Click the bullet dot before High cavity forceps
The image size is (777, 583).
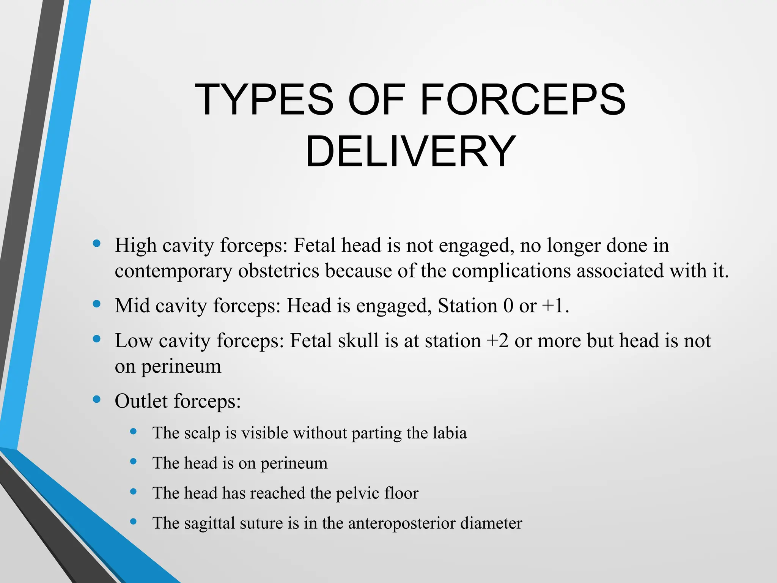click(97, 243)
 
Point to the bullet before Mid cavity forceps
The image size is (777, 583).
click(97, 304)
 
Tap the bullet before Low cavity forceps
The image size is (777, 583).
click(97, 339)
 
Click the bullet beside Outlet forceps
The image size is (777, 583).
click(97, 399)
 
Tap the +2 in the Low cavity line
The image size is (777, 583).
click(497, 340)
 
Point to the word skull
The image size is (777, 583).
click(358, 340)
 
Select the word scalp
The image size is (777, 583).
click(202, 433)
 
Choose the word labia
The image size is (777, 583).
click(450, 433)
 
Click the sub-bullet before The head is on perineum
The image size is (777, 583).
click(133, 462)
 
